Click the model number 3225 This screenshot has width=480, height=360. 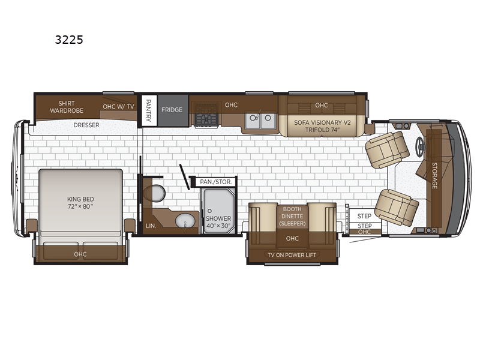click(x=69, y=40)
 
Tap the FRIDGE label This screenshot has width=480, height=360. click(x=172, y=110)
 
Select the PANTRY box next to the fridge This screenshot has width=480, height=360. click(x=149, y=110)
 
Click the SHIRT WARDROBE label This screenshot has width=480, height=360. click(x=67, y=107)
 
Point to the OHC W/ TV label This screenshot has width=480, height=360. click(x=118, y=107)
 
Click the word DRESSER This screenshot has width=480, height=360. click(x=86, y=125)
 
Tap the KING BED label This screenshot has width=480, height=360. click(x=80, y=203)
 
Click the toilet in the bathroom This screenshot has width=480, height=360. click(x=156, y=193)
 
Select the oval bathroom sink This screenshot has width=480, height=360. click(x=185, y=221)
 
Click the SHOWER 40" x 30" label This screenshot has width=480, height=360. click(x=218, y=222)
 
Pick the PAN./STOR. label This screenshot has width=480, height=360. click(x=216, y=182)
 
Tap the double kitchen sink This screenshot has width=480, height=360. click(x=260, y=121)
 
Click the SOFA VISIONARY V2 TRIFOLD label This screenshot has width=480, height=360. click(x=322, y=126)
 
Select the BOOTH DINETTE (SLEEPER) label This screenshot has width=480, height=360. click(x=292, y=216)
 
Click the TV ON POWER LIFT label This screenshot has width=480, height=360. click(x=292, y=254)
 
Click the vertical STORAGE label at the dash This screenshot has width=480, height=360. click(x=434, y=175)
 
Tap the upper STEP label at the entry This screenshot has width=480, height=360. click(x=364, y=216)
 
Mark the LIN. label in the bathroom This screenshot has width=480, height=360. click(x=151, y=226)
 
